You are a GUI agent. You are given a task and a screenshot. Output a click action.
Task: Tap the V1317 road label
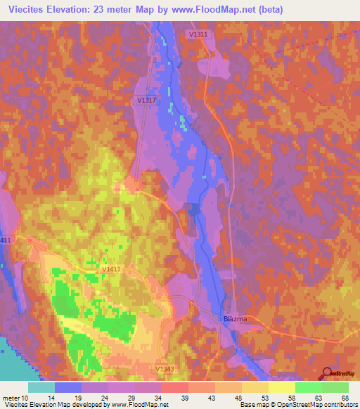pyautogui.click(x=147, y=100)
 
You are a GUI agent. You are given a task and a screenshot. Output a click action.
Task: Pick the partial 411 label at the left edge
pyautogui.click(x=6, y=241)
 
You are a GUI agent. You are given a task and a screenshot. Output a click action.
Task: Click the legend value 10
pyautogui.click(x=27, y=397)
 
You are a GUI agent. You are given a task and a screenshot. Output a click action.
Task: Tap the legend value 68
pyautogui.click(x=345, y=397)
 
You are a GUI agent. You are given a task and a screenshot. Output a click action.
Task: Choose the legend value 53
pyautogui.click(x=265, y=397)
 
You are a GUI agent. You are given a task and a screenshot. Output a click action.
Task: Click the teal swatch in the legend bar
pyautogui.click(x=41, y=387)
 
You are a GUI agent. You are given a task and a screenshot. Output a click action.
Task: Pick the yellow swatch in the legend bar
pyautogui.click(x=282, y=387)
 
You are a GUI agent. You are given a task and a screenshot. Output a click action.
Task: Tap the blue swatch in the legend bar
pyautogui.click(x=68, y=387)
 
